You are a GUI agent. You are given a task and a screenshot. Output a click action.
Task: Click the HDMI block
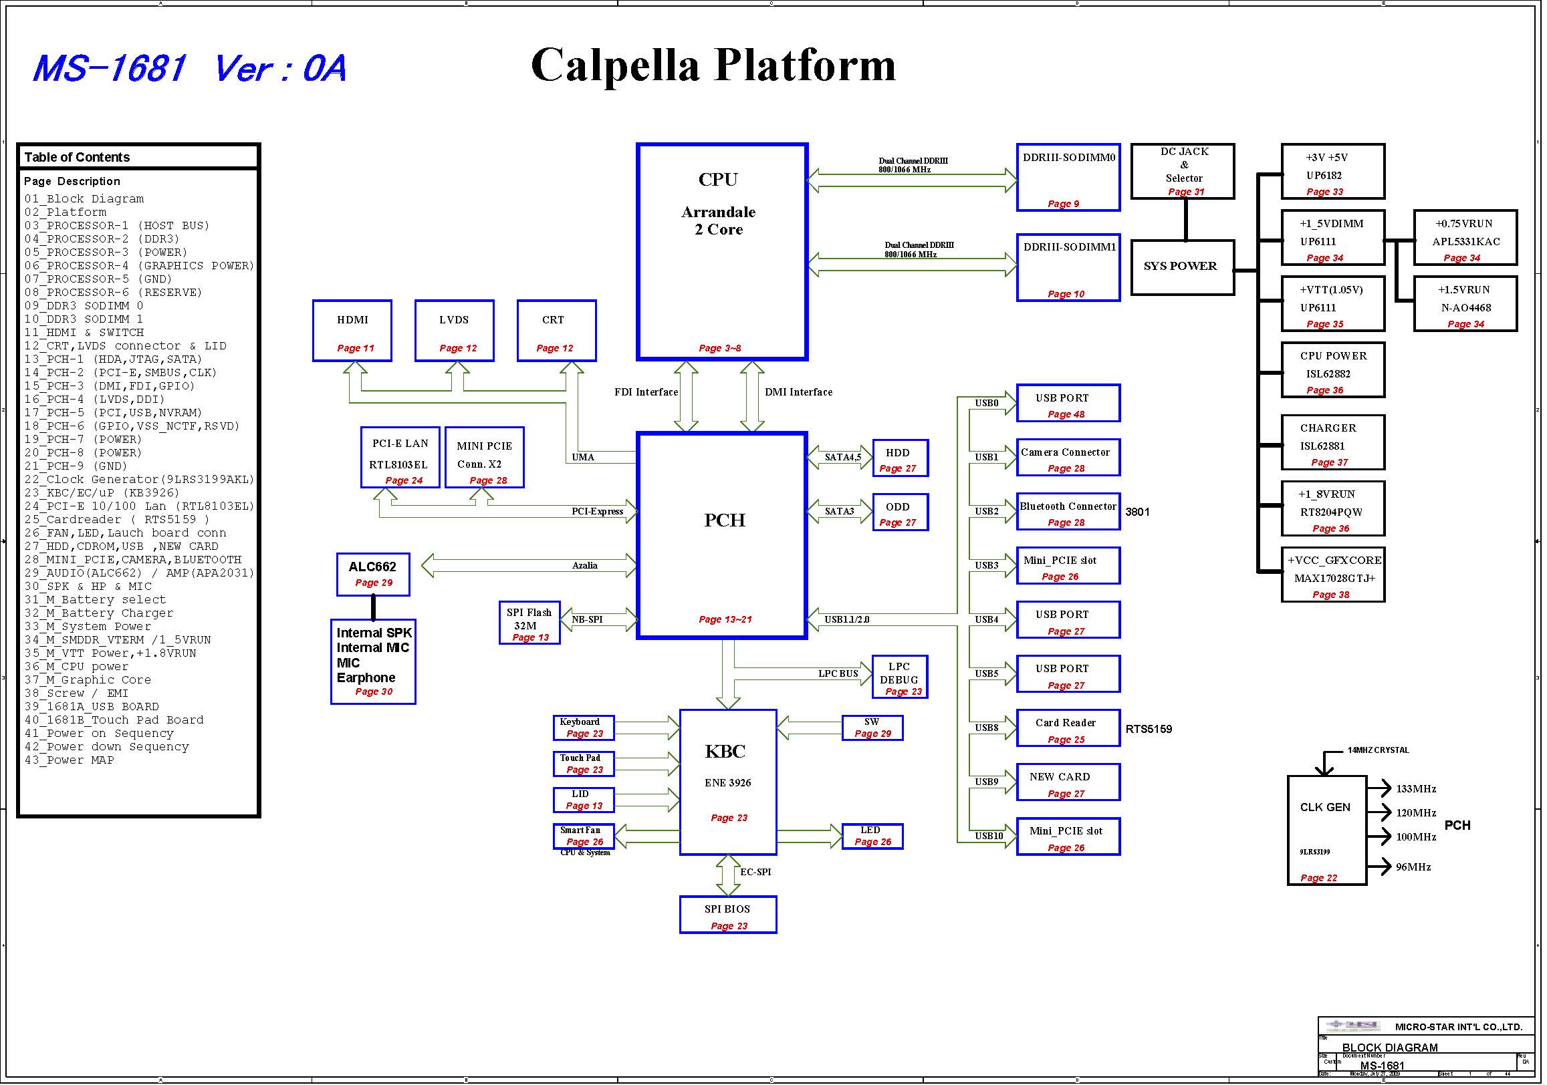click(353, 331)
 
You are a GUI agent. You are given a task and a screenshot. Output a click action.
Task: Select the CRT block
click(557, 331)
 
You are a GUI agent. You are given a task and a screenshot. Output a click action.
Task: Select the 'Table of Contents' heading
click(78, 158)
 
